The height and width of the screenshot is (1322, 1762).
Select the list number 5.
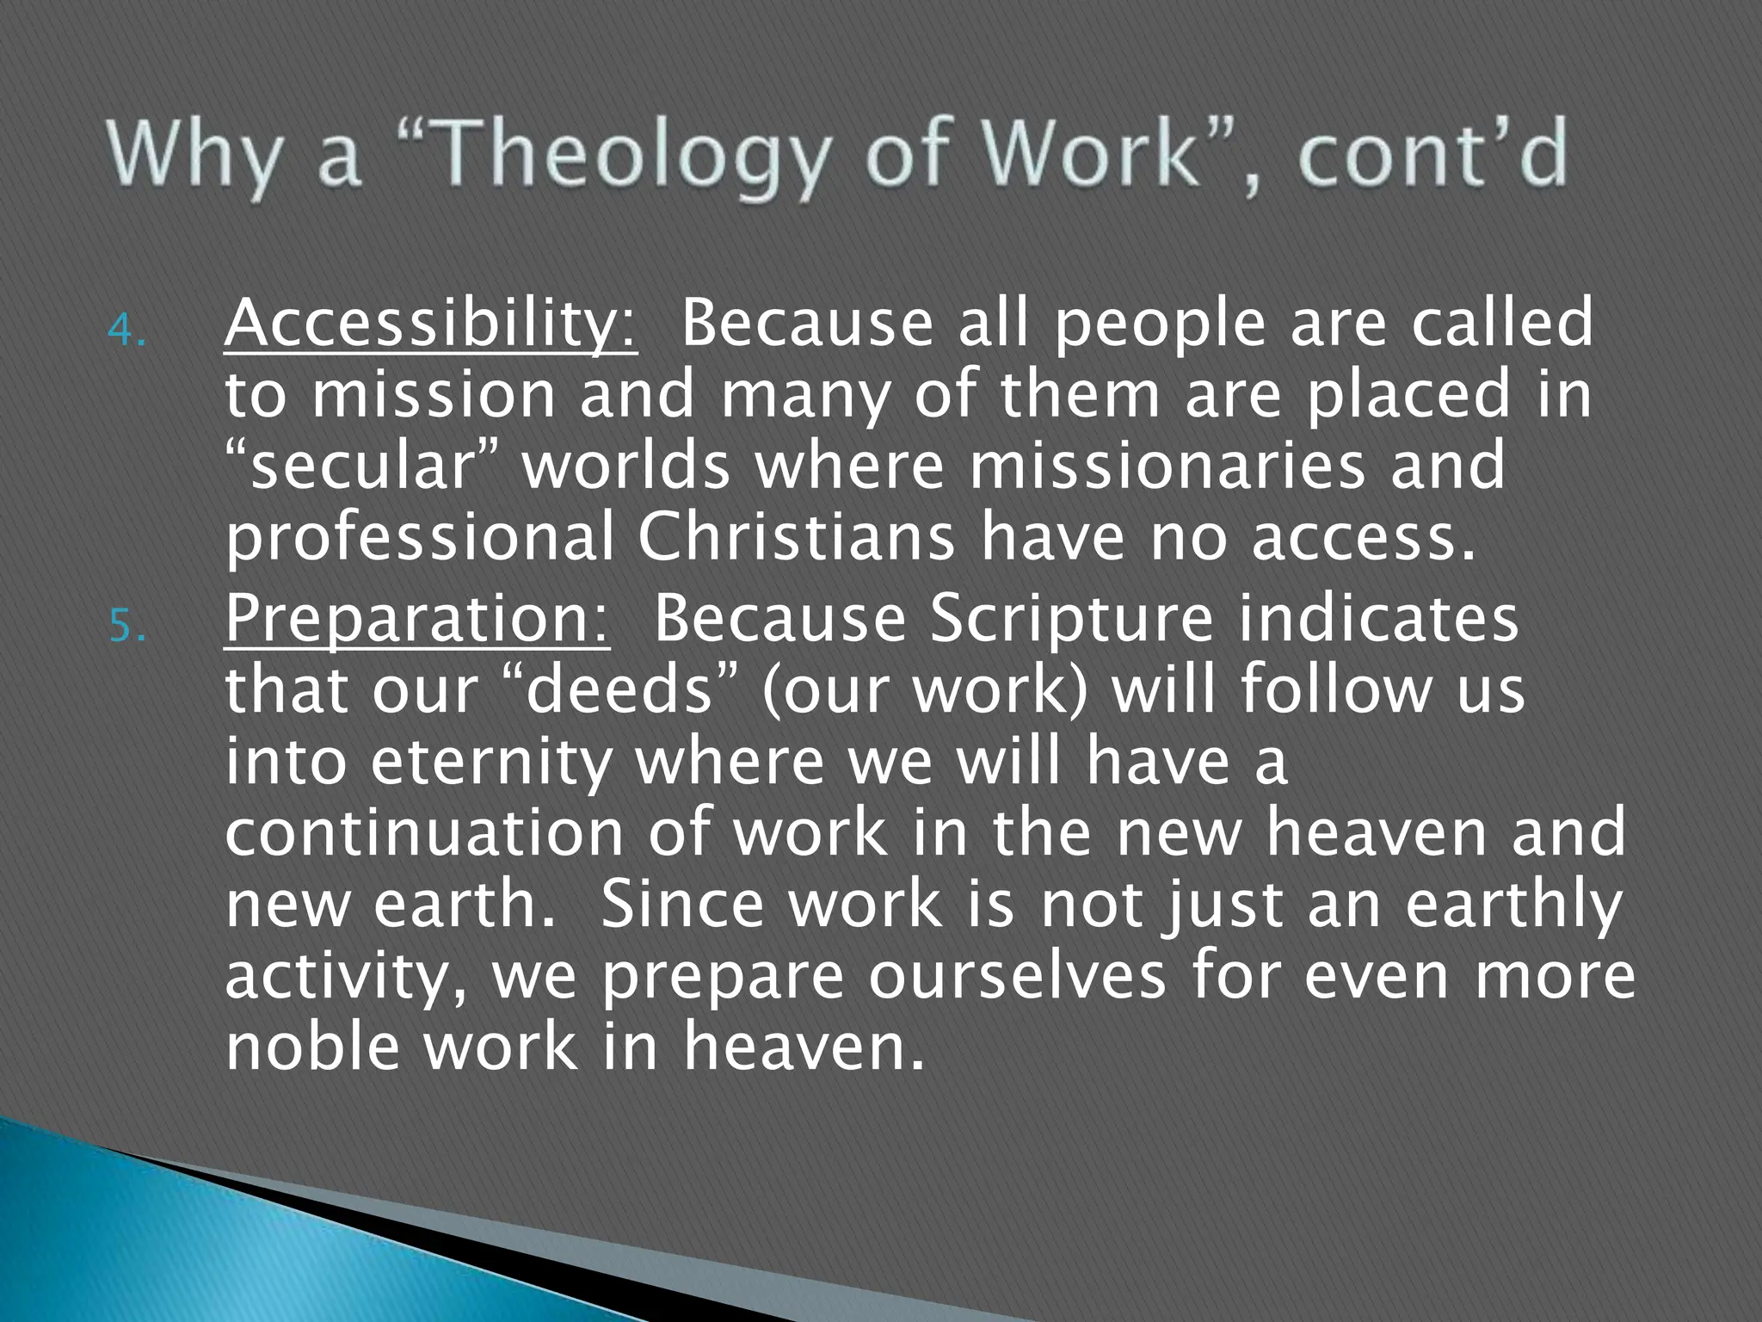(x=126, y=627)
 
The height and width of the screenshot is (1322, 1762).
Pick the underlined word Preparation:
(x=417, y=620)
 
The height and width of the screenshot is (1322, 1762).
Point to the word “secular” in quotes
(x=361, y=466)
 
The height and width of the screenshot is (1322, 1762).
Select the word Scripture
(x=1071, y=620)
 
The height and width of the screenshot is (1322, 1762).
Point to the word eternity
(x=491, y=763)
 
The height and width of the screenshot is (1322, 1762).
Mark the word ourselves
(x=1016, y=977)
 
